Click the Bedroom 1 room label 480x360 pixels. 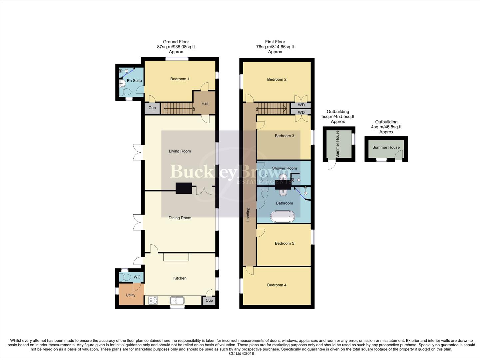[x=180, y=79]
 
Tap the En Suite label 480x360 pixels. [x=134, y=81]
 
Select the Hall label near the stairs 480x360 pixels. [x=205, y=103]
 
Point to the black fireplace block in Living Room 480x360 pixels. [x=184, y=188]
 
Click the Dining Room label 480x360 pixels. [x=180, y=218]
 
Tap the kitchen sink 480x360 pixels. [x=177, y=301]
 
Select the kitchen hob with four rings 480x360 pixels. [x=153, y=301]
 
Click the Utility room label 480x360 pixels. [x=131, y=295]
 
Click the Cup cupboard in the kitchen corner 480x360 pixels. [x=209, y=300]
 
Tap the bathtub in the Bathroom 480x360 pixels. [x=283, y=216]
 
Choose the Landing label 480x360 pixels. [x=248, y=215]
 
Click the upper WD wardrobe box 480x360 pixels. [x=301, y=105]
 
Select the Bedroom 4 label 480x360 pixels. [x=277, y=285]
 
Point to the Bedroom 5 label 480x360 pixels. [x=284, y=243]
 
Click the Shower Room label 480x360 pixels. [x=284, y=168]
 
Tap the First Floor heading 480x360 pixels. [x=275, y=42]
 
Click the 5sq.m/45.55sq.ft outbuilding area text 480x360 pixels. [x=338, y=117]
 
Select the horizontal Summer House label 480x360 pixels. [x=386, y=147]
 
